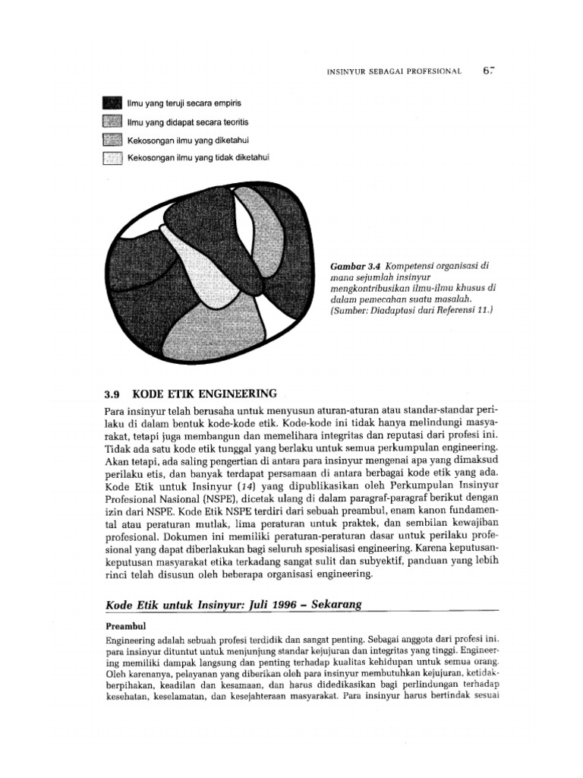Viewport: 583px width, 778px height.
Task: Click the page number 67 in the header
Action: tap(487, 71)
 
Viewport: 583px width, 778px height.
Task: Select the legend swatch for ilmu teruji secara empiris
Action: tap(112, 103)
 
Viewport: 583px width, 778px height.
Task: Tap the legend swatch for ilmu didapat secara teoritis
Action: tap(112, 121)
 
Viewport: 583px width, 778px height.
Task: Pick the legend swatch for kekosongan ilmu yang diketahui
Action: tap(112, 139)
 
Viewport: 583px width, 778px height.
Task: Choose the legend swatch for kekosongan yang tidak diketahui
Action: tap(112, 157)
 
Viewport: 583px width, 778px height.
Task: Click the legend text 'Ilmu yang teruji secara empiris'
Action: tap(184, 103)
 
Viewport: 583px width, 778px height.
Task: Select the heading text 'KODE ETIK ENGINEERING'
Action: tap(204, 394)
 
